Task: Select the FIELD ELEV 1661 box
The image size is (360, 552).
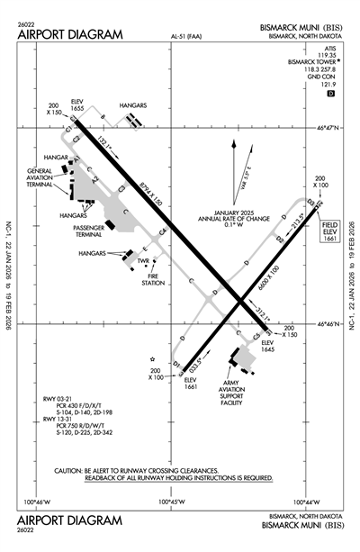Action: [x=329, y=231]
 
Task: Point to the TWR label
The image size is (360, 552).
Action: [x=142, y=261]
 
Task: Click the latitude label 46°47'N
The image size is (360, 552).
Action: [x=330, y=130]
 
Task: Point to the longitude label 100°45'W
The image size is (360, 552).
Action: [x=172, y=502]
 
